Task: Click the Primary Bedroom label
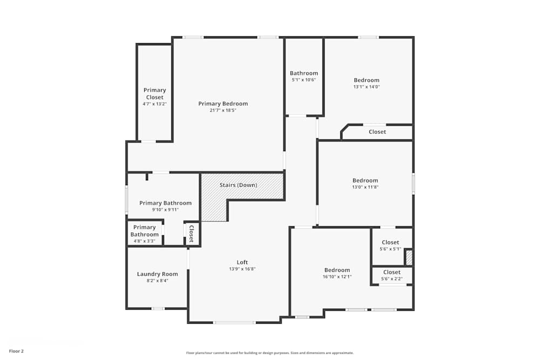point(223,104)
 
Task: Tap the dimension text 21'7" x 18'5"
point(223,111)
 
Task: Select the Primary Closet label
point(154,93)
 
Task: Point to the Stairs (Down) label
point(238,185)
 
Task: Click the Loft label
point(242,262)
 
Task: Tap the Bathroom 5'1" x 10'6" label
point(304,73)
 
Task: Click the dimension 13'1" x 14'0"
point(367,87)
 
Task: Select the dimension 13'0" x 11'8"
point(366,187)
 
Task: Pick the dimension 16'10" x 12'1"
point(337,277)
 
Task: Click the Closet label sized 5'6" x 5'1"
point(390,242)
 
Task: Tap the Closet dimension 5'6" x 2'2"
point(391,279)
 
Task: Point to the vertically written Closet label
point(191,234)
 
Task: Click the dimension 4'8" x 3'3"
point(145,241)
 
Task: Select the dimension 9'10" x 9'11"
point(165,210)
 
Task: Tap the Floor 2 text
point(16,351)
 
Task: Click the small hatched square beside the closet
point(409,257)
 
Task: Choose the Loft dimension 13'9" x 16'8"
point(242,269)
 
